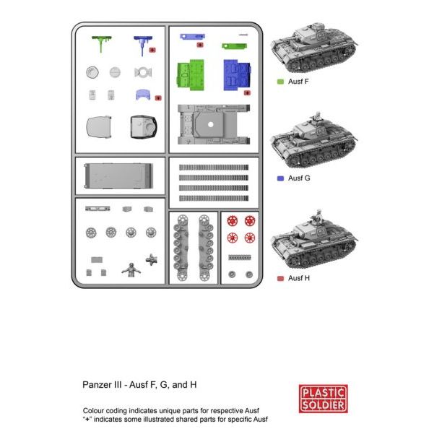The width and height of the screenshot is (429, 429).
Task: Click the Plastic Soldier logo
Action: tap(323, 399)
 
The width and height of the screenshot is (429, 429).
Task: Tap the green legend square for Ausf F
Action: tap(280, 82)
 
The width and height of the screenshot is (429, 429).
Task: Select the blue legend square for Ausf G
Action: tap(280, 178)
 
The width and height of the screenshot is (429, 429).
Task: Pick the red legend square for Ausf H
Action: tap(280, 279)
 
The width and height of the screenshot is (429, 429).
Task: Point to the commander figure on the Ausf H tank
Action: tap(318, 215)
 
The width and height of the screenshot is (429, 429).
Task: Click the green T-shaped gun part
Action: tap(102, 43)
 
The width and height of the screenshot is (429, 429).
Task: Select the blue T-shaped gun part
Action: tap(143, 45)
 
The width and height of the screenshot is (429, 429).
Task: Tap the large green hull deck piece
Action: tap(191, 74)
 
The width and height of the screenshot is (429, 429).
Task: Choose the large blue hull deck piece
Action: tap(237, 75)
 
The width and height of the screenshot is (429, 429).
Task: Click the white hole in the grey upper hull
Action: tap(211, 124)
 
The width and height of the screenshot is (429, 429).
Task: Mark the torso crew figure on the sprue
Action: tap(131, 270)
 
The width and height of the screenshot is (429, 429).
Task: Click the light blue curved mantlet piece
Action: tap(143, 95)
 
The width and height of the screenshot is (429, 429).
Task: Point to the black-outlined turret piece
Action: tap(144, 127)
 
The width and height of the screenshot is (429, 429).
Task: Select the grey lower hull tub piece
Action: tap(118, 176)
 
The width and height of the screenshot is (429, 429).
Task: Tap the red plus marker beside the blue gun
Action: tap(152, 50)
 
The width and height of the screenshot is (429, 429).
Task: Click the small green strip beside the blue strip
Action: tap(235, 46)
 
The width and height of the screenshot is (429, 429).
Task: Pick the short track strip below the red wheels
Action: tap(240, 257)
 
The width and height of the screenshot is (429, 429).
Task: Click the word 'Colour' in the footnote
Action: tap(94, 411)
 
